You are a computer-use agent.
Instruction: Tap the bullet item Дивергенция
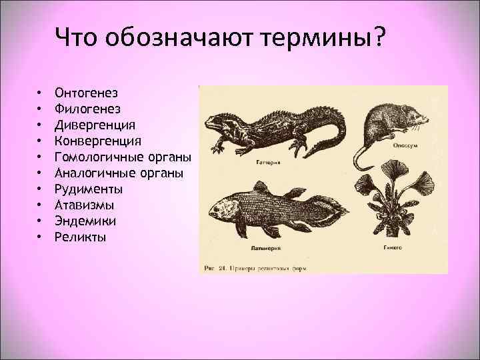[x=96, y=125]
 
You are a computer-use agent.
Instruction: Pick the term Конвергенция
[x=98, y=141]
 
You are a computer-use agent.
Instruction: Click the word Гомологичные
[x=99, y=157]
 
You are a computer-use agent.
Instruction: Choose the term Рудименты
[x=89, y=189]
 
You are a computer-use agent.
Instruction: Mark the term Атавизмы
[x=85, y=205]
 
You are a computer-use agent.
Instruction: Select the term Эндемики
[x=87, y=221]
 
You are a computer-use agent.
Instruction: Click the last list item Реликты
[x=81, y=237]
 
